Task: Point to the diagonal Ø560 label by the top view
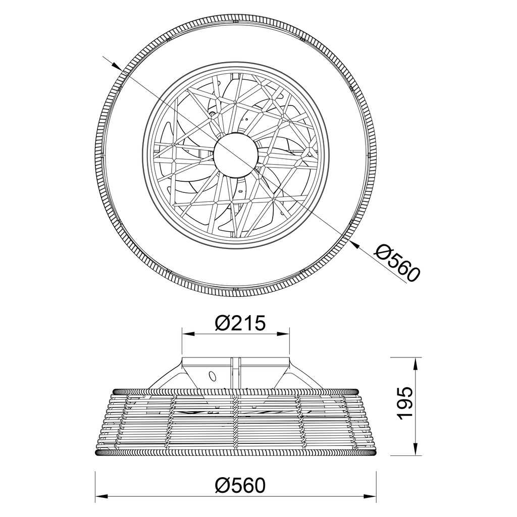coord(398,263)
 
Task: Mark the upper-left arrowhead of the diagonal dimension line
coord(116,65)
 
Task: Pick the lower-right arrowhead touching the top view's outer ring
coord(355,244)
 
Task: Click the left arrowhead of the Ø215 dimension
coord(188,334)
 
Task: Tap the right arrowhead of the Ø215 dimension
coord(283,334)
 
